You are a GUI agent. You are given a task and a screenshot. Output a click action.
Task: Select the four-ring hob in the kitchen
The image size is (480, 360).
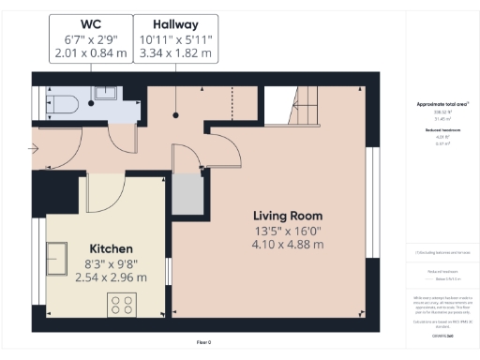click(x=122, y=303)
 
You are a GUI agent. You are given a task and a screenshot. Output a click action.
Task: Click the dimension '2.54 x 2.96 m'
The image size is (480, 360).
click(x=111, y=277)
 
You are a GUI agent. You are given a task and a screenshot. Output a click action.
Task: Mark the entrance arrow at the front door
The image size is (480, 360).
click(x=35, y=148)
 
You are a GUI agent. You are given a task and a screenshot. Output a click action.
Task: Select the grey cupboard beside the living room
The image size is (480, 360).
click(x=187, y=192)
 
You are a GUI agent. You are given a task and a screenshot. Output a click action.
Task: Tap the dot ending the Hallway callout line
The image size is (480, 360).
click(x=175, y=116)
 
